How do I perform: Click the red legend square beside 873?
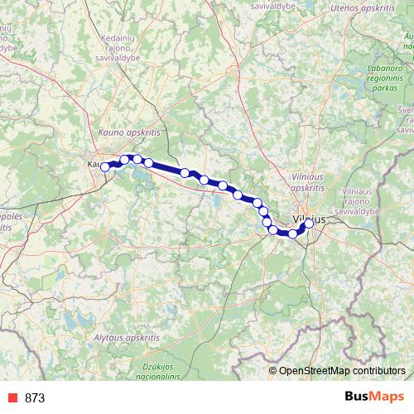point(11,398)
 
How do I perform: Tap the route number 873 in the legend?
point(36,398)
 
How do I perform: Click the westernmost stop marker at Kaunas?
point(105,167)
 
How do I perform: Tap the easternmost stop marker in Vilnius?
point(310,224)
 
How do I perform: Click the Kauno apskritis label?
point(128,132)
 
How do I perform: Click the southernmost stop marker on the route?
point(292,234)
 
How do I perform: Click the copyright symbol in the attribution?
point(273,370)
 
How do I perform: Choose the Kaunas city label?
point(94,164)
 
